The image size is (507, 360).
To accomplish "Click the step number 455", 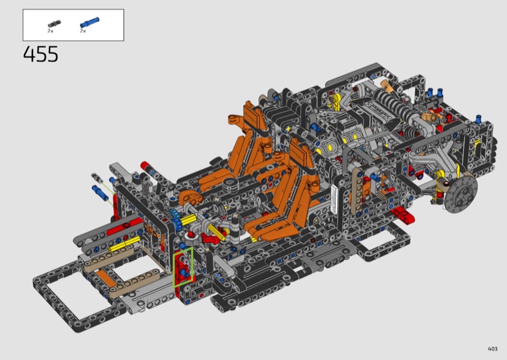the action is (x=41, y=54).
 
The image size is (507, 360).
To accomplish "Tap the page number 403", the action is (x=492, y=349).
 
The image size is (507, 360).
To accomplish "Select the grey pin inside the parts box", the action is (x=54, y=24).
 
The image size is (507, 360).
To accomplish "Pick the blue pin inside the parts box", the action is (x=89, y=23).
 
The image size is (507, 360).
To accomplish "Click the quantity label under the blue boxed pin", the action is (x=83, y=31).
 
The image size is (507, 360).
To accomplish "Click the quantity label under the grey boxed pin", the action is (x=50, y=31).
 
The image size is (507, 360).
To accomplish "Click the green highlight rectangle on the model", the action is (x=183, y=267).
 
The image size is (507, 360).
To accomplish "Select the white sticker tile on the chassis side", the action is (x=334, y=200).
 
